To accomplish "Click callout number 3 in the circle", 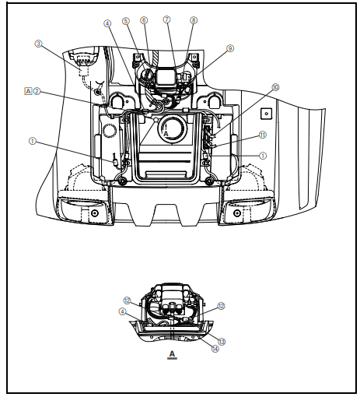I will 38,44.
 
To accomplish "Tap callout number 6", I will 144,20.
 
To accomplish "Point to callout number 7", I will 166,19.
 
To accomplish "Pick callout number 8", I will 194,20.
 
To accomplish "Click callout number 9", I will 229,48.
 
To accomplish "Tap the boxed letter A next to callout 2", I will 28,92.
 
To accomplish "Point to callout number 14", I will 215,349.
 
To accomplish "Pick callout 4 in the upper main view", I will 107,23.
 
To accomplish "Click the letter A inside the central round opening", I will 166,134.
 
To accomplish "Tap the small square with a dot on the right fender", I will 266,113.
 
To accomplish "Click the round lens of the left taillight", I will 95,213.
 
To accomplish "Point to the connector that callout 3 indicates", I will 81,62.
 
